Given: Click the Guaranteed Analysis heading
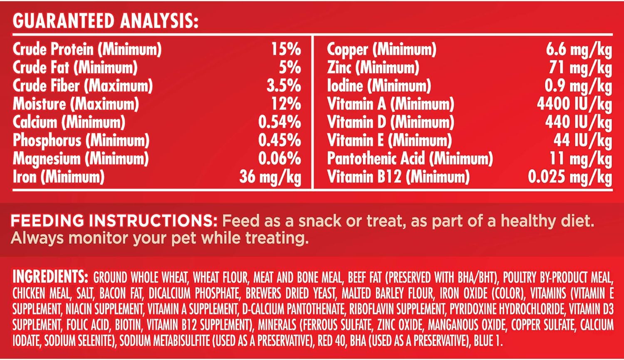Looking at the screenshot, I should point(105,21).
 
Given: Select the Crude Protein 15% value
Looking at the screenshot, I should point(286,49).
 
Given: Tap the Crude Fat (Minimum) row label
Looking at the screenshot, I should point(75,68).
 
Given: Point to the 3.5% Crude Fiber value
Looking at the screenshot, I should point(284,86).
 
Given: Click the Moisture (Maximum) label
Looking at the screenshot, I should point(76,104).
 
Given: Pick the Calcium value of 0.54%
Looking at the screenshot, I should point(280,122).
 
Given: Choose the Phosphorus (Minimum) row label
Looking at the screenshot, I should point(81,141).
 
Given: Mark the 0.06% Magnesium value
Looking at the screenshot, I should point(280,158).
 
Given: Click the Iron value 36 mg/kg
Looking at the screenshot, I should point(270,177).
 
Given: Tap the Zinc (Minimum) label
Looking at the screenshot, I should point(373,68).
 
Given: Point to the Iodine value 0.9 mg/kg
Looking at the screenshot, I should point(578,86).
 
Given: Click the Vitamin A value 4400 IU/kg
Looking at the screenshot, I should point(574,104).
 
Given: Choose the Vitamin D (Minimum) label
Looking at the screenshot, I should point(391,122).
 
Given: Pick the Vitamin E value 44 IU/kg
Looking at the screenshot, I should point(582,141).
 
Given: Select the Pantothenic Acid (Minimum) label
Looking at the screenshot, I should point(410,158).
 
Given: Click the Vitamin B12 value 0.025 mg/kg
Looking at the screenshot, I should point(570,177).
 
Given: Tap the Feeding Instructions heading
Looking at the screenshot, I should point(114,221).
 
